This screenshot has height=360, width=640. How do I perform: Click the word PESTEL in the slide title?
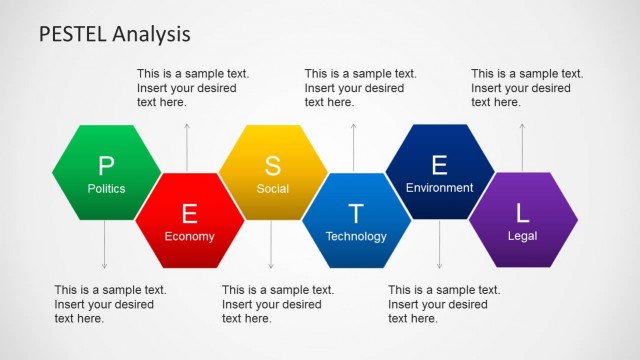pyautogui.click(x=73, y=35)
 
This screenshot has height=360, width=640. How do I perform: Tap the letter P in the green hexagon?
pyautogui.click(x=106, y=165)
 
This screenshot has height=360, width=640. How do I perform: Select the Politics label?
pyautogui.click(x=106, y=188)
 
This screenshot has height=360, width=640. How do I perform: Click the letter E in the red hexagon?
pyautogui.click(x=190, y=213)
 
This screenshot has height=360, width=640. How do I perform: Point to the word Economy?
pyautogui.click(x=190, y=237)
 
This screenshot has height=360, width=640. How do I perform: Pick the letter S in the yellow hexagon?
pyautogui.click(x=273, y=165)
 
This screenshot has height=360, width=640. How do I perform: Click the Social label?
pyautogui.click(x=273, y=188)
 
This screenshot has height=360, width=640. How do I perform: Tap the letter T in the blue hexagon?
pyautogui.click(x=356, y=213)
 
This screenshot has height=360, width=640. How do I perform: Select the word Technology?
pyautogui.click(x=356, y=237)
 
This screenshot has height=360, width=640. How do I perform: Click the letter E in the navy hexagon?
pyautogui.click(x=439, y=165)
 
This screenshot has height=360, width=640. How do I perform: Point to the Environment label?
pyautogui.click(x=439, y=188)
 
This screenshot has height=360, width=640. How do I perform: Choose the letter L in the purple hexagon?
pyautogui.click(x=522, y=213)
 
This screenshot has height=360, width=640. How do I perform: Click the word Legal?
pyautogui.click(x=522, y=237)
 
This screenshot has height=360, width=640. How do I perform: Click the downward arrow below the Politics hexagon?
pyautogui.click(x=104, y=245)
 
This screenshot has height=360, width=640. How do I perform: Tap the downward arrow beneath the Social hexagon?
pyautogui.click(x=271, y=245)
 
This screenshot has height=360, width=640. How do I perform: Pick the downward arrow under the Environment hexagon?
pyautogui.click(x=438, y=245)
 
